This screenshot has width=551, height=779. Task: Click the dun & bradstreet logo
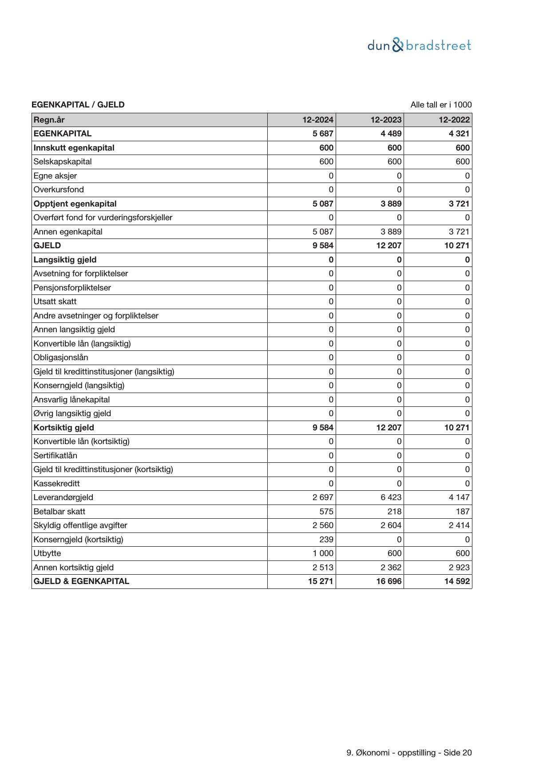[x=419, y=45]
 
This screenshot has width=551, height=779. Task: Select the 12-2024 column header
[x=317, y=120]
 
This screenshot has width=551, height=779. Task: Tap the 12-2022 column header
[x=454, y=120]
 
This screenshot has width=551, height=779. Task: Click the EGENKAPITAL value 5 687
[x=323, y=134]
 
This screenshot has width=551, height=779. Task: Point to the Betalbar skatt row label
[x=59, y=512]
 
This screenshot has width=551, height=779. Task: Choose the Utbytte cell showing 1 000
[x=323, y=553]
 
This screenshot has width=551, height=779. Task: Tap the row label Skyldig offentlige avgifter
[x=80, y=525]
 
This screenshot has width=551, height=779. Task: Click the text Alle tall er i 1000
[x=441, y=105]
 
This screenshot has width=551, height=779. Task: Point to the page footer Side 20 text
[x=457, y=753]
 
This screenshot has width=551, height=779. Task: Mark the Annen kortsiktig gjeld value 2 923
[x=459, y=568]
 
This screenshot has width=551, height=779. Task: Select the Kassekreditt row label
[x=56, y=484]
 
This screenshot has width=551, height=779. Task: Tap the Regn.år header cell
[x=49, y=120]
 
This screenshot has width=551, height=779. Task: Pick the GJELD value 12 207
[x=388, y=246]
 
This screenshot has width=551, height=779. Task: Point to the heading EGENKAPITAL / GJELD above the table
[x=78, y=105]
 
